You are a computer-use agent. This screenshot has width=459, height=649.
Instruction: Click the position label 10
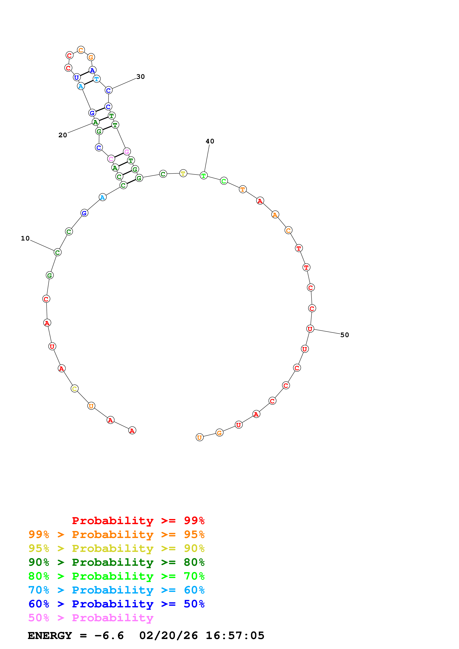click(25, 238)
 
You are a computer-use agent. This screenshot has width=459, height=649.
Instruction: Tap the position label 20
click(63, 135)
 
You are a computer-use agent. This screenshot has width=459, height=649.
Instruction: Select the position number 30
click(141, 77)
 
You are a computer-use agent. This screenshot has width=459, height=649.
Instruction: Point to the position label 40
click(210, 141)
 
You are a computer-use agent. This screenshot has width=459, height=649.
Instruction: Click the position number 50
click(344, 335)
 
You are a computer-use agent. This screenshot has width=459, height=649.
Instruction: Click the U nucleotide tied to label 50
click(310, 329)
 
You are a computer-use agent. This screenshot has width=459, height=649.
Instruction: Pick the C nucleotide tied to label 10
click(57, 252)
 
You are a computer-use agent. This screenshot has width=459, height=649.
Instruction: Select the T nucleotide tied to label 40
click(204, 176)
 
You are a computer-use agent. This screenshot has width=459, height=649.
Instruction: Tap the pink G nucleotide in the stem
click(127, 152)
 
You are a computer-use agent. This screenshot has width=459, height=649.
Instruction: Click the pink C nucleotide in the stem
click(111, 159)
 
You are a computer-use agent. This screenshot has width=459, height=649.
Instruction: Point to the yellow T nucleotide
click(183, 173)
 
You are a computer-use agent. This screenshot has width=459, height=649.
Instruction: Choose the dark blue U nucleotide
click(76, 77)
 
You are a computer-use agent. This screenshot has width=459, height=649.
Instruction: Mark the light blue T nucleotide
click(97, 79)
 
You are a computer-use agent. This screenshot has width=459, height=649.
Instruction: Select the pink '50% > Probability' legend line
click(91, 618)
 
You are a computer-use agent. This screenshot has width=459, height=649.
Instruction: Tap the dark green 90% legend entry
click(116, 562)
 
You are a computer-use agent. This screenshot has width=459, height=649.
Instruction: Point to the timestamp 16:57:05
click(235, 635)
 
